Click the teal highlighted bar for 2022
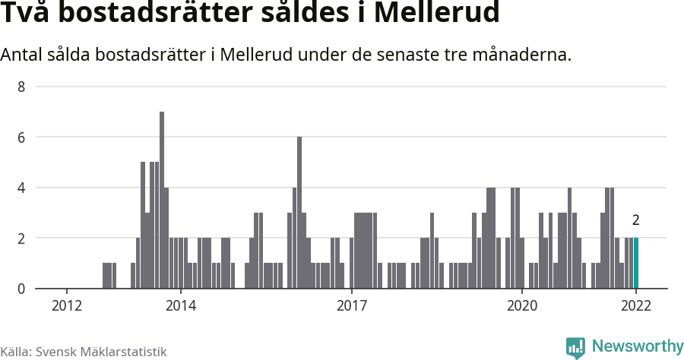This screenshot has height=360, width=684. point(636,263)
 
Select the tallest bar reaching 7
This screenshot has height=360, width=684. point(162,200)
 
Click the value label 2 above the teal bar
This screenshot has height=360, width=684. point(635,221)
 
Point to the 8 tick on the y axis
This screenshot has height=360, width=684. point(21,87)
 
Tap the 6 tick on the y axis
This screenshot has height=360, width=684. point(21,137)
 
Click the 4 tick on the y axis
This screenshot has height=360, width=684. point(21,188)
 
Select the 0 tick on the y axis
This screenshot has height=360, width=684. point(21,289)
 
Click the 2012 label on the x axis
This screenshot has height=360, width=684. point(67,306)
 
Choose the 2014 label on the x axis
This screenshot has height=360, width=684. point(180,306)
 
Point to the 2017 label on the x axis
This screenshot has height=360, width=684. point(351,306)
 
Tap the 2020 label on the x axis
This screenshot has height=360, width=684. point(522,306)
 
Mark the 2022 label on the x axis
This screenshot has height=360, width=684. point(636,306)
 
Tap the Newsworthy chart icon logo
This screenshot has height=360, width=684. point(575,347)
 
